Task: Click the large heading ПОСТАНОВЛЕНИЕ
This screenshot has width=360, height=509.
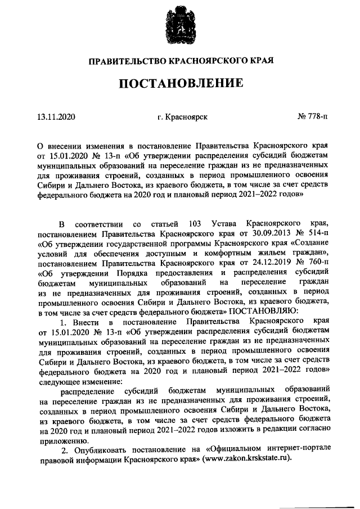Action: pyautogui.click(x=180, y=84)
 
